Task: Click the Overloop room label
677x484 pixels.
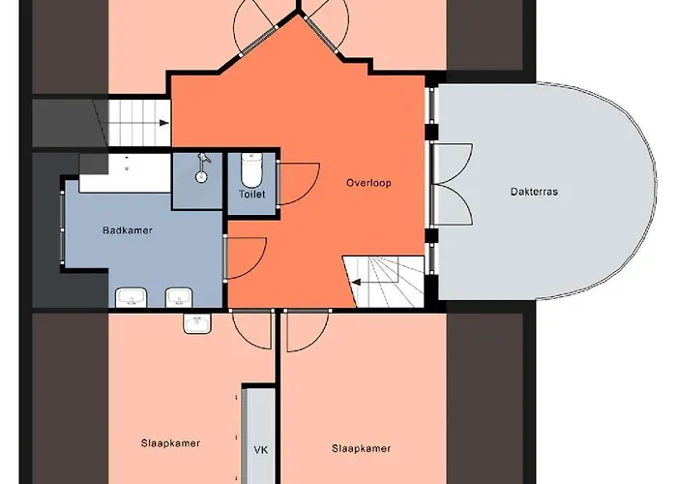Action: (x=368, y=183)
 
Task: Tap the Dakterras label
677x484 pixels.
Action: (x=534, y=192)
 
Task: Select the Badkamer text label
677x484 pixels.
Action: (x=128, y=230)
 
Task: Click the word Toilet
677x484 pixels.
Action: (x=252, y=194)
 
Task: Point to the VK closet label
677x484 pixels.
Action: (x=261, y=450)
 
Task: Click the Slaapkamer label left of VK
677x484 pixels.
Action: (x=170, y=443)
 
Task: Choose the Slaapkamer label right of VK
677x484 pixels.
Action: (x=362, y=448)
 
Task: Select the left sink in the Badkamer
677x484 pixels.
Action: (x=132, y=298)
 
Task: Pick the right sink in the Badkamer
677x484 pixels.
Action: (x=179, y=297)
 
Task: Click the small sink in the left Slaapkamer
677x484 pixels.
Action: (x=197, y=323)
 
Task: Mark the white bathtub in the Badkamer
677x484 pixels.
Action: (x=125, y=173)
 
